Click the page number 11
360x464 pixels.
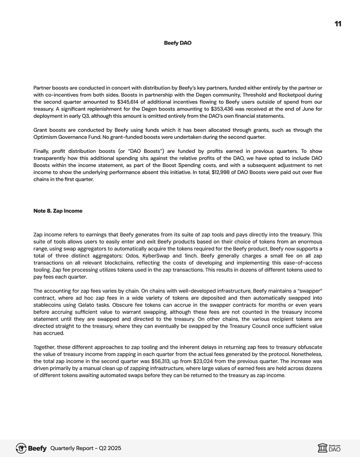click(338, 24)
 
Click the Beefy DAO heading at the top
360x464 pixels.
click(177, 43)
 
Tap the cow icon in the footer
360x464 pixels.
click(21, 448)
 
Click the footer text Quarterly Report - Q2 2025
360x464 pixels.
click(85, 448)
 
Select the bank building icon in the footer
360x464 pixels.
click(322, 448)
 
